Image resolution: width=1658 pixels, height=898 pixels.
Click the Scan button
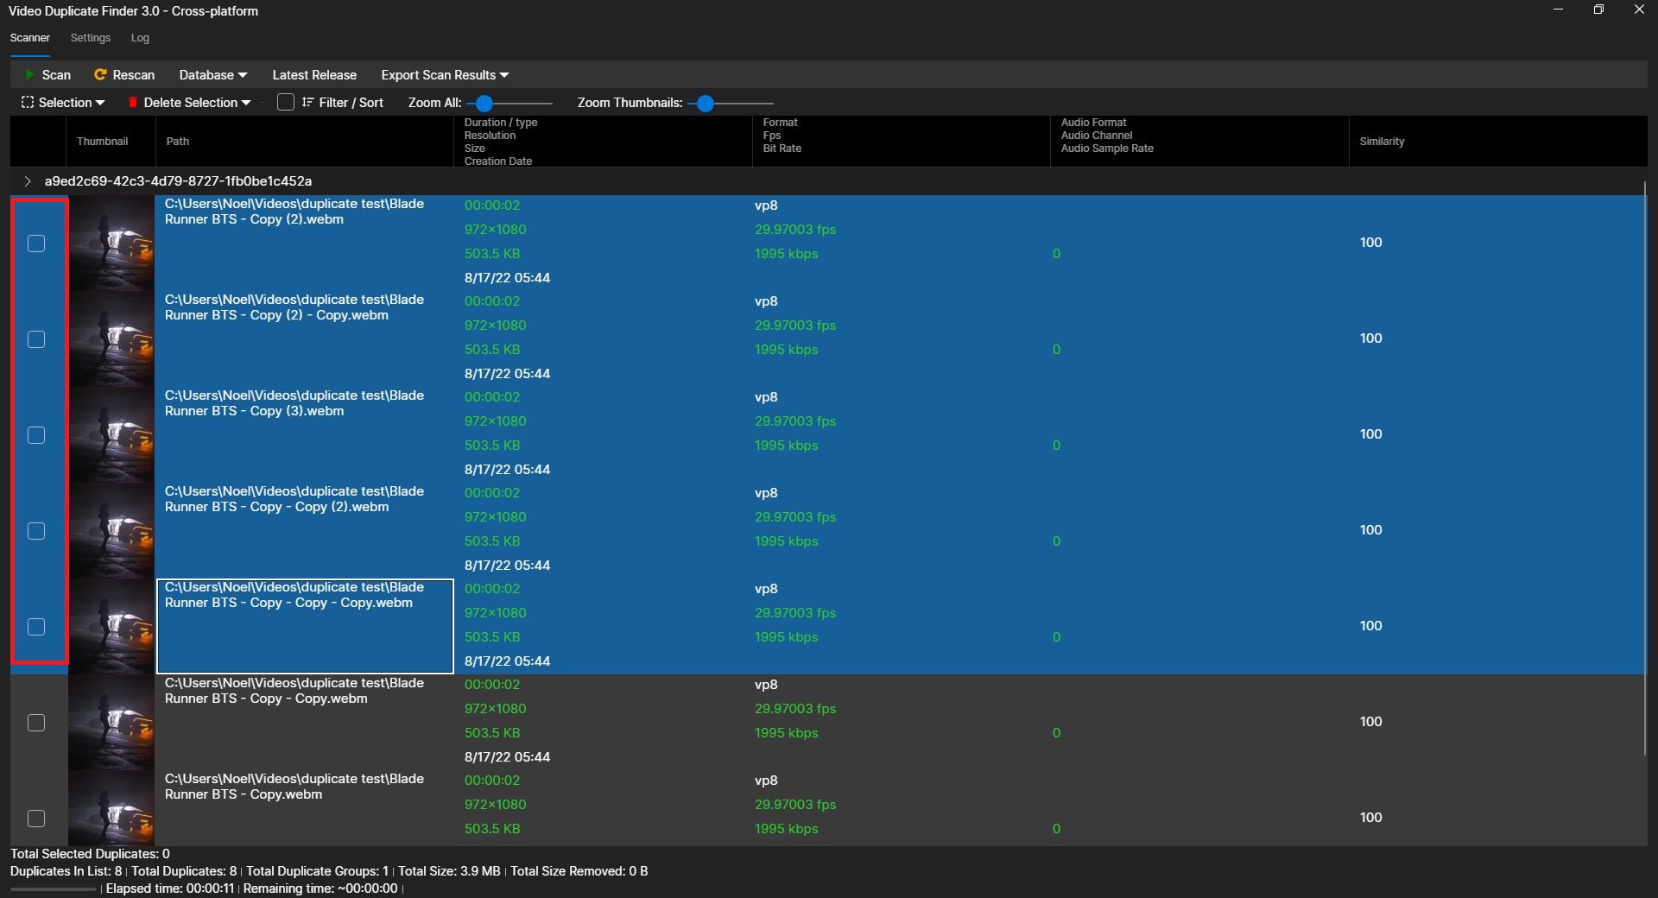tap(48, 75)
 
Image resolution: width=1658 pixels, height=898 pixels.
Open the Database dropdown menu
tap(212, 75)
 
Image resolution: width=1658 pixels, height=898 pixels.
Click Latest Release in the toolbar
tap(314, 75)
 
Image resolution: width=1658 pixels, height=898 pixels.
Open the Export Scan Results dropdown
tap(445, 75)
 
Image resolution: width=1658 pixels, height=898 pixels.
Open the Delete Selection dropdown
tap(190, 103)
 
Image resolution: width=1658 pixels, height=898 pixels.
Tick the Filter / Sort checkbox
tap(286, 103)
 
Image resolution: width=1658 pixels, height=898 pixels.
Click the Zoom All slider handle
tap(484, 104)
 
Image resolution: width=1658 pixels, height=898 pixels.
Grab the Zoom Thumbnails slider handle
tap(706, 104)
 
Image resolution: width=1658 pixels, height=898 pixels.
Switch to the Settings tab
tap(91, 38)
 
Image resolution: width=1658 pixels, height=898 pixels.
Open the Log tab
tap(140, 38)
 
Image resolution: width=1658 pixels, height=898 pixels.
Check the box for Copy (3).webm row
tap(36, 435)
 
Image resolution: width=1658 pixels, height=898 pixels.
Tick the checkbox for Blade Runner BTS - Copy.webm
tap(36, 819)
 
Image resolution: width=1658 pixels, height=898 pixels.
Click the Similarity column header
tap(1382, 142)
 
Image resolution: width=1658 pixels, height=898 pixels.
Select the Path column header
tap(178, 142)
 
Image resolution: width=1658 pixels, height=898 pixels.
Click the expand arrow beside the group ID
tap(28, 181)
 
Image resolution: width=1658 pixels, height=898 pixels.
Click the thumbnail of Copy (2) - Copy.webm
tap(111, 339)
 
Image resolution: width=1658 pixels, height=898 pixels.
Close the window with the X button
tap(1639, 9)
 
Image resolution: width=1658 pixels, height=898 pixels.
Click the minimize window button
tap(1558, 9)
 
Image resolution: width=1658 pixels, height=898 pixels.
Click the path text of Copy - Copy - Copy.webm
tap(294, 595)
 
